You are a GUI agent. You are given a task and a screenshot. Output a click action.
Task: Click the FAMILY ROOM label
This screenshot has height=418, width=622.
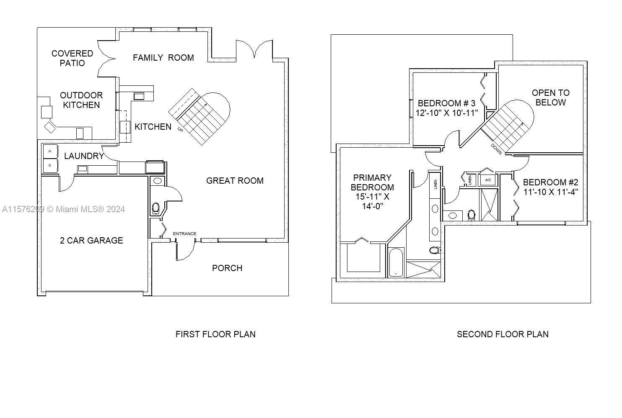point(163,58)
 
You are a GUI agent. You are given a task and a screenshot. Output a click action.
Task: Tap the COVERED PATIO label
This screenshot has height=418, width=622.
point(72,58)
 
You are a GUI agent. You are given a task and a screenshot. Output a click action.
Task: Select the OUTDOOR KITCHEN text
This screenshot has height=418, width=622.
point(81,100)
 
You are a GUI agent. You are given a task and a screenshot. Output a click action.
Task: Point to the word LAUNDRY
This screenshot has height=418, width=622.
point(84,156)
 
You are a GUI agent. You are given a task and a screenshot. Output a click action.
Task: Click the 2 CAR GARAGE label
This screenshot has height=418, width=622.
point(91,240)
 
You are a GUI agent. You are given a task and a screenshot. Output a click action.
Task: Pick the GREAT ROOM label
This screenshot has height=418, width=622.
point(235,181)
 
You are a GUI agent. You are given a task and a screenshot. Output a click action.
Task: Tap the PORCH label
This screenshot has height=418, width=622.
point(227,268)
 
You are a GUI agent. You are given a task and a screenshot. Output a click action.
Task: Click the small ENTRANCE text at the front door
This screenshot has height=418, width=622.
point(185,233)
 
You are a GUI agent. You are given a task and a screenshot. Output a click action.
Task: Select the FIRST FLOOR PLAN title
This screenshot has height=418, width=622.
point(215,334)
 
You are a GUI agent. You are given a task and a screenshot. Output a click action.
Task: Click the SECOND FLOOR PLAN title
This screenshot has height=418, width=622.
point(503,334)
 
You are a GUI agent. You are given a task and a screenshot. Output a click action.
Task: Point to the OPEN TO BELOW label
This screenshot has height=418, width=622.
point(551,97)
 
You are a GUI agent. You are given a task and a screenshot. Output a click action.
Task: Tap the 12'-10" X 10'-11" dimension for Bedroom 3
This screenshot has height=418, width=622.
point(447,113)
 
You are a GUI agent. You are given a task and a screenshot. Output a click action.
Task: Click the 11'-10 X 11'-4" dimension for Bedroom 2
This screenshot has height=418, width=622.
point(551,192)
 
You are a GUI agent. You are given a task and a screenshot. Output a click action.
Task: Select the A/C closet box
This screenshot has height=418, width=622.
point(488,180)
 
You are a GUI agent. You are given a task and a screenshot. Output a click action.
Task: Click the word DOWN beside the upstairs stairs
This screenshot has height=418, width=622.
point(496,149)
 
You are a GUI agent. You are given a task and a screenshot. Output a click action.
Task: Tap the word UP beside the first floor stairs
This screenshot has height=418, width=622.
point(180,129)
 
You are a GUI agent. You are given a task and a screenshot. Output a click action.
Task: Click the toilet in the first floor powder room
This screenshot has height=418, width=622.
point(156,208)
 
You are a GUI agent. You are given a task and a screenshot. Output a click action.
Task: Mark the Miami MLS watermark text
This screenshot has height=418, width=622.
point(63,209)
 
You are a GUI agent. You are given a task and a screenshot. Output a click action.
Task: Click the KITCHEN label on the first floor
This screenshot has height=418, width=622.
point(153,127)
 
